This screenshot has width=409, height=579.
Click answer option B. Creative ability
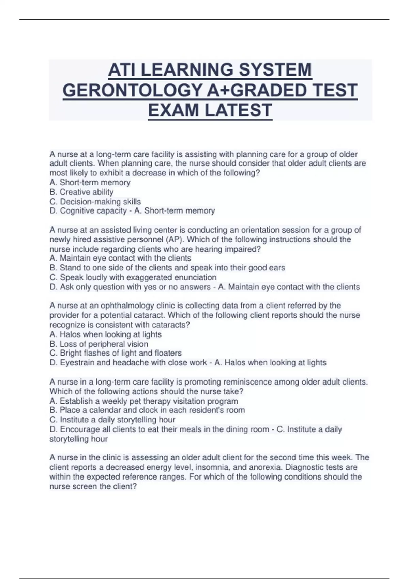tap(81, 192)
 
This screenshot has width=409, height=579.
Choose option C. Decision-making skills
tap(95, 202)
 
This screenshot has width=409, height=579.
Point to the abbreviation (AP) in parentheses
tap(175, 239)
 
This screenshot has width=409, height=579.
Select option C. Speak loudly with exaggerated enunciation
tap(133, 277)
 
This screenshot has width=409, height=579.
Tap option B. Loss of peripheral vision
tap(99, 344)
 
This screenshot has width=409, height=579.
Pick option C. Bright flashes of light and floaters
tap(116, 353)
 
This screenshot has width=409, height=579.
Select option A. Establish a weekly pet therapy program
tap(143, 401)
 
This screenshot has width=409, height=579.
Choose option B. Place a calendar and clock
tap(147, 410)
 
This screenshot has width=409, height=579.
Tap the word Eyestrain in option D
tap(77, 363)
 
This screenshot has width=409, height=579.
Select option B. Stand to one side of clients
tap(167, 268)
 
